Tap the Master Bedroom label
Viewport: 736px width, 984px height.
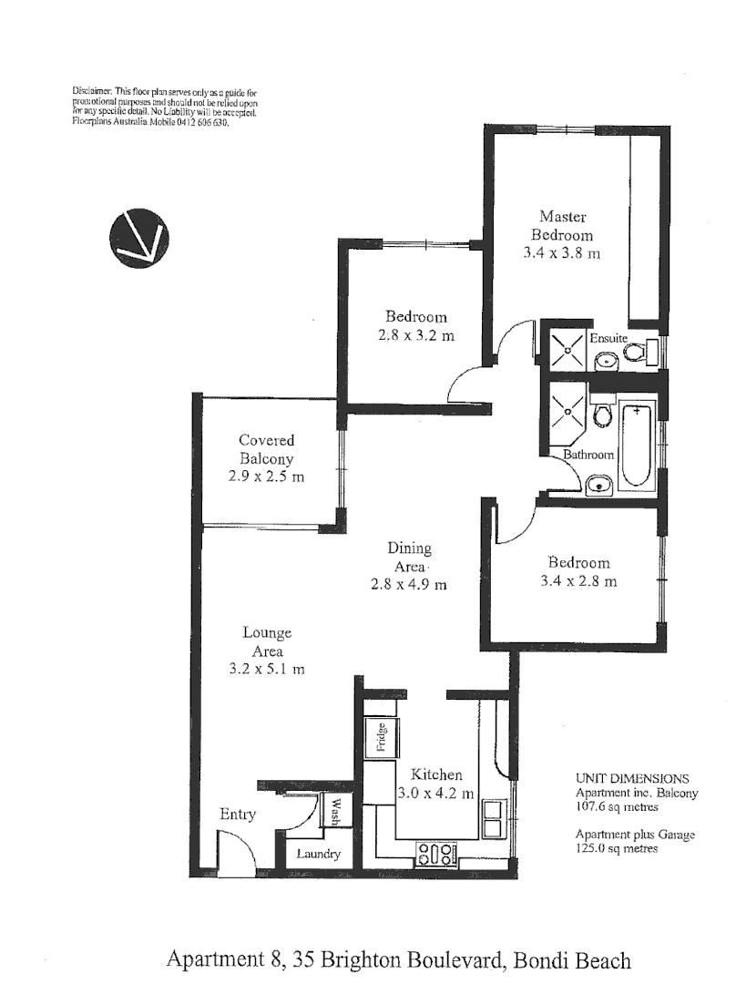click(x=562, y=225)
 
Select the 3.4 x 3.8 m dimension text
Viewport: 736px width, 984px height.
click(x=561, y=253)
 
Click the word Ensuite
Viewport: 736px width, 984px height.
click(x=608, y=338)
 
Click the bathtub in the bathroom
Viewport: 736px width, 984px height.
click(x=638, y=447)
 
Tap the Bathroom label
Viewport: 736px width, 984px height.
click(x=588, y=455)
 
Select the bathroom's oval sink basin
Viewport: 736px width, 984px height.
click(x=598, y=484)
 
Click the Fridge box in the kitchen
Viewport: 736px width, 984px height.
click(x=382, y=737)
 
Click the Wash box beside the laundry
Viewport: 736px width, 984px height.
click(x=332, y=810)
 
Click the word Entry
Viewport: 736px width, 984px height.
click(x=237, y=815)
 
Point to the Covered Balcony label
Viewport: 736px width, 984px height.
click(x=267, y=450)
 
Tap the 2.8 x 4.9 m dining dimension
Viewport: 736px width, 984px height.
click(x=409, y=584)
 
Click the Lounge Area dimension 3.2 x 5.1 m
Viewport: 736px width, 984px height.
click(x=267, y=669)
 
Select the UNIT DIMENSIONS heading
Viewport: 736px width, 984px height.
click(x=632, y=779)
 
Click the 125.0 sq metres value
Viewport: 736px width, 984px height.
click(x=616, y=848)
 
